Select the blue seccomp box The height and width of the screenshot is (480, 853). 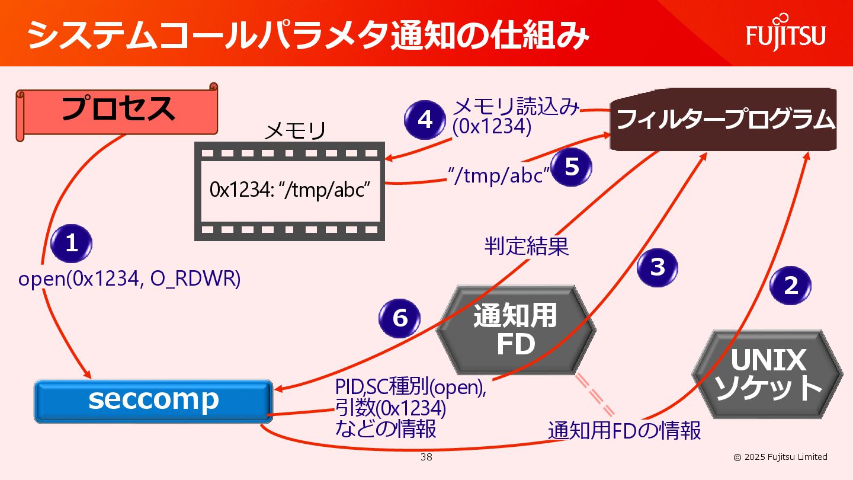(153, 401)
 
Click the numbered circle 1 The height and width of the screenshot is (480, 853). (72, 244)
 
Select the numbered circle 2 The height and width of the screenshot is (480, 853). (790, 286)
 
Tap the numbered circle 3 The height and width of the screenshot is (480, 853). (658, 267)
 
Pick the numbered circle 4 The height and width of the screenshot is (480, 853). (425, 120)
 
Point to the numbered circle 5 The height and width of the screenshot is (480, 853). (572, 167)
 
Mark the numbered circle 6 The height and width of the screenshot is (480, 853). (400, 318)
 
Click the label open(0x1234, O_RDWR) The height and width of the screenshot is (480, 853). (129, 279)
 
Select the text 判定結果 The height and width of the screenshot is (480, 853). (527, 246)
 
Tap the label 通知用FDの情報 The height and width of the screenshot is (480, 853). (624, 431)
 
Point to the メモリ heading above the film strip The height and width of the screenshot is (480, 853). (294, 131)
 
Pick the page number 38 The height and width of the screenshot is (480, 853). (426, 457)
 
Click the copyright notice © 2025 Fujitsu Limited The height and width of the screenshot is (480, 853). (780, 457)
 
